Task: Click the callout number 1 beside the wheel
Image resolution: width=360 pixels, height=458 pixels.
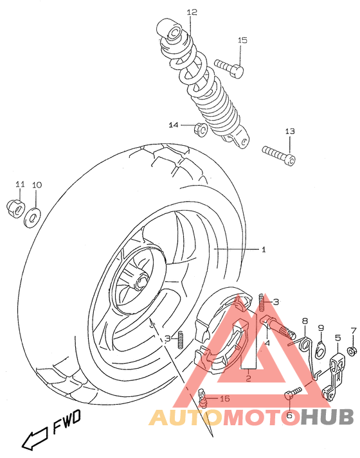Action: click(263, 249)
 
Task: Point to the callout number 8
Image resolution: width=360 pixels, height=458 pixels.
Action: click(305, 321)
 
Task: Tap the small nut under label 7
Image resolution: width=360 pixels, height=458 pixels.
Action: click(352, 351)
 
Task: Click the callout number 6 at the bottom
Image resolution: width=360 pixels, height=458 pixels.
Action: click(289, 416)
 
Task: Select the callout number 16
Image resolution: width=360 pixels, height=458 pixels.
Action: click(225, 399)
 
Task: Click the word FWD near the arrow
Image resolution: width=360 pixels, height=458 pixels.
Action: click(68, 422)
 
